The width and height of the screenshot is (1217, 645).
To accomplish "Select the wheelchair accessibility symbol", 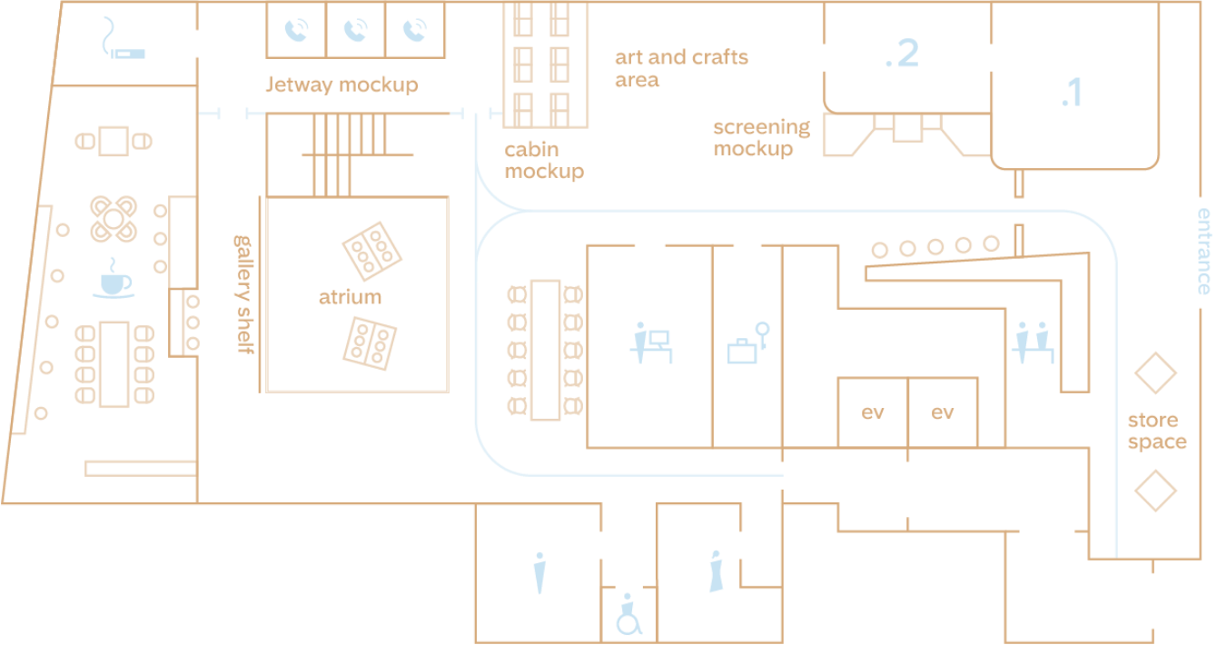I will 628,615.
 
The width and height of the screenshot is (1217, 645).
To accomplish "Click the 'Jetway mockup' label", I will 341,85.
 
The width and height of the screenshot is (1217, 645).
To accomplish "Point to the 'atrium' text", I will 351,297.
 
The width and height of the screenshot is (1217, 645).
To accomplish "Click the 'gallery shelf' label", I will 243,294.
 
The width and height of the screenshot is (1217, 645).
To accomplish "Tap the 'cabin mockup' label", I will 543,160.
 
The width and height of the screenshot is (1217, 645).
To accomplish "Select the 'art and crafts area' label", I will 681,68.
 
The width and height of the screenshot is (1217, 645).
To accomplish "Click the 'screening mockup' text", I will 761,138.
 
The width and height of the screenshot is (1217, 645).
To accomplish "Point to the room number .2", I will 902,54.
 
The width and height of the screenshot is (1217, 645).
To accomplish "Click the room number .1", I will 1072,93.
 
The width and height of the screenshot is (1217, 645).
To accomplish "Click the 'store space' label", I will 1156,432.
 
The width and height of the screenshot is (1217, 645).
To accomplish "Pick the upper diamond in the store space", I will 1155,373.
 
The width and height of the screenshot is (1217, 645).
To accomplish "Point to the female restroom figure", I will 717,571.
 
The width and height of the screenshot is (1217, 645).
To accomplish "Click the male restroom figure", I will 540,573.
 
